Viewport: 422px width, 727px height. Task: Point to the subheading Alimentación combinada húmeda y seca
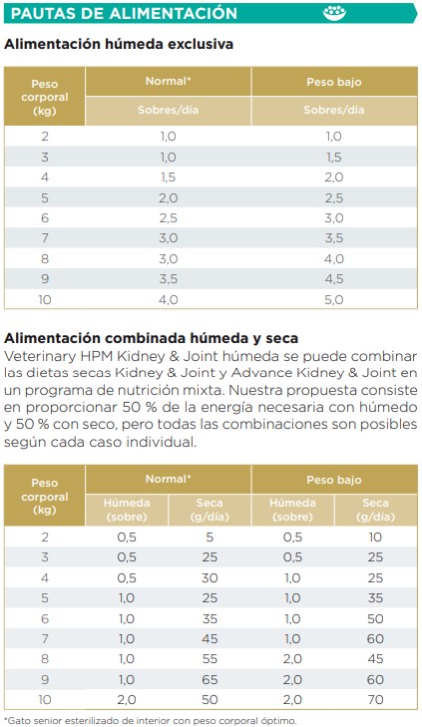tap(152, 338)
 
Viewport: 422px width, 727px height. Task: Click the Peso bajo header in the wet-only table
tap(334, 81)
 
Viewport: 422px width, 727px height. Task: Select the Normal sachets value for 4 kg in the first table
tap(168, 177)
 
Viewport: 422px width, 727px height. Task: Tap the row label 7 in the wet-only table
tap(45, 237)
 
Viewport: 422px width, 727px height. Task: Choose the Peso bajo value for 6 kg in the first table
tap(334, 217)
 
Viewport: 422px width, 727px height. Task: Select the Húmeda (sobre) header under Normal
tap(128, 509)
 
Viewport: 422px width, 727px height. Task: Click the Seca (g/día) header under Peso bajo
tap(375, 509)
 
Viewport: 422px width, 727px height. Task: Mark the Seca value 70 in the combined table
tap(375, 700)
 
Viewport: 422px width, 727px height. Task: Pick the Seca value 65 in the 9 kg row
tap(209, 680)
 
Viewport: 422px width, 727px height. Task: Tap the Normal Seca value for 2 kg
tap(209, 537)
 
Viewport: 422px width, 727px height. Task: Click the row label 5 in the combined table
tap(45, 598)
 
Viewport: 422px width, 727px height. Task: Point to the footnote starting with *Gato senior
tap(150, 719)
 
